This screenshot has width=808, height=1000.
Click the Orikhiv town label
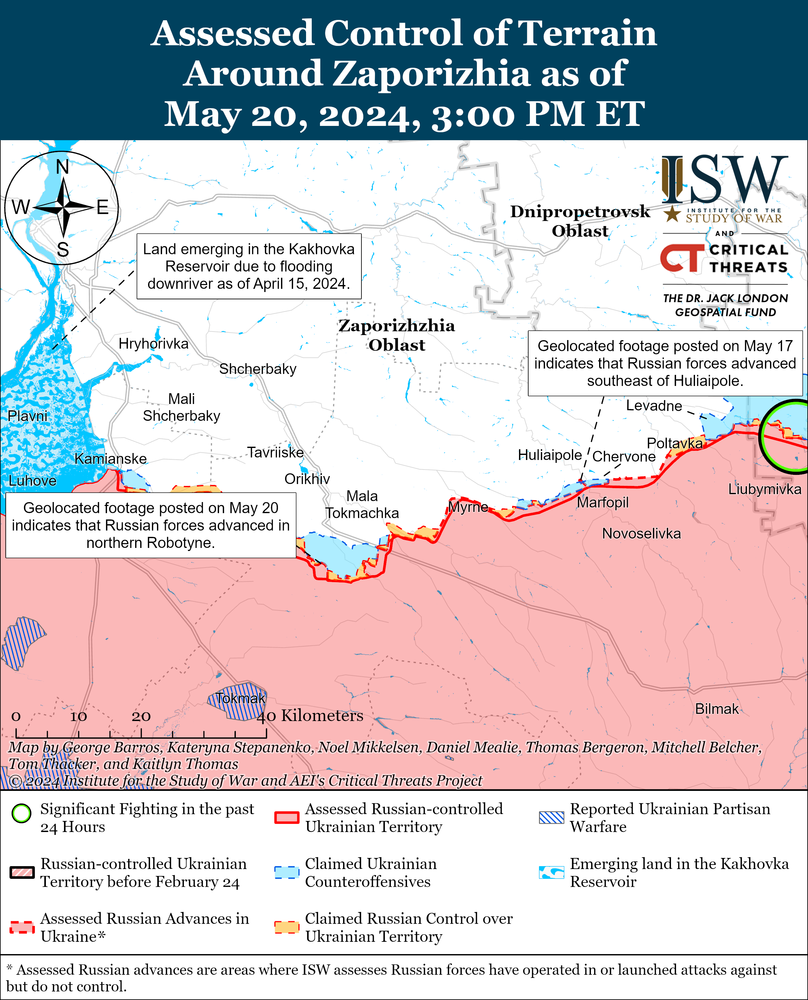307,479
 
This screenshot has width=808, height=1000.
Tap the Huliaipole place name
550,455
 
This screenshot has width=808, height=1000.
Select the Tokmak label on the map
240,699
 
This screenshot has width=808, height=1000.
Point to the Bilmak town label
717,709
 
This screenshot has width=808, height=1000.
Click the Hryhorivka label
153,344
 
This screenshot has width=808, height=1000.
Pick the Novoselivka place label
642,533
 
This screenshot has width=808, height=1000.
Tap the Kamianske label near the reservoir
110,459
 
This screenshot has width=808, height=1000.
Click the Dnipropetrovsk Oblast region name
580,221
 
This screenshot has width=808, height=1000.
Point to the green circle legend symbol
22,813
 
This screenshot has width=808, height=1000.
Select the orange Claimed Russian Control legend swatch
286,927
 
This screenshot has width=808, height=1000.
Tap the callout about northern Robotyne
150,525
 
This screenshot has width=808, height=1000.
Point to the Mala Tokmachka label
362,505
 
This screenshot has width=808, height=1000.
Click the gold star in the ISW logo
672,214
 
